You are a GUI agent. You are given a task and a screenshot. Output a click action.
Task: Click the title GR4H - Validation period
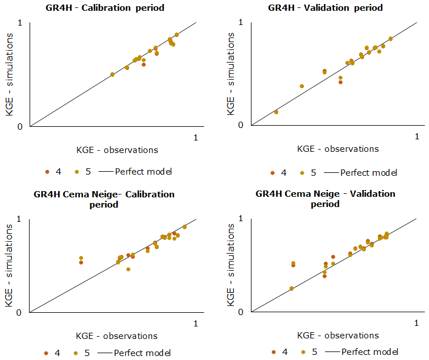click(x=325, y=8)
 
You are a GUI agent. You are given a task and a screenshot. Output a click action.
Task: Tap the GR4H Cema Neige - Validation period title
click(x=325, y=198)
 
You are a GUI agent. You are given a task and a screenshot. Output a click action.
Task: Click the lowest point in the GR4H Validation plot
click(x=276, y=112)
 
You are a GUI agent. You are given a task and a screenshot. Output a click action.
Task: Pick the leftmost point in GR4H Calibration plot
click(x=112, y=75)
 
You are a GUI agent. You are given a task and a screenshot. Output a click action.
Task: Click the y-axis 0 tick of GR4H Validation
click(x=242, y=126)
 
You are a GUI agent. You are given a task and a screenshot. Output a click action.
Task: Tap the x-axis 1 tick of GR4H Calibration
click(x=196, y=137)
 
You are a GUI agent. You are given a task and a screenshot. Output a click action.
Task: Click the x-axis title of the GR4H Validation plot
click(x=337, y=149)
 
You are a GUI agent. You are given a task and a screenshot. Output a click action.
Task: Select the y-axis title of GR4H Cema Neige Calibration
click(x=10, y=266)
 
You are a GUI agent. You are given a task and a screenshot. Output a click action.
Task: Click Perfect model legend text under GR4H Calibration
click(x=143, y=171)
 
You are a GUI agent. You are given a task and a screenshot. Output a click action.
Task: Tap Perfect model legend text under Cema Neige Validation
click(x=370, y=352)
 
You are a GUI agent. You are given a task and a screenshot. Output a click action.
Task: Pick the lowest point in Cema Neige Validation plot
click(x=291, y=288)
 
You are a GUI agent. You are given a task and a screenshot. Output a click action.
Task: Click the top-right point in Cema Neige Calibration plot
click(x=184, y=227)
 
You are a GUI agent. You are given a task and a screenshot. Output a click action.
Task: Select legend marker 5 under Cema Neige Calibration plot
click(x=76, y=353)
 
